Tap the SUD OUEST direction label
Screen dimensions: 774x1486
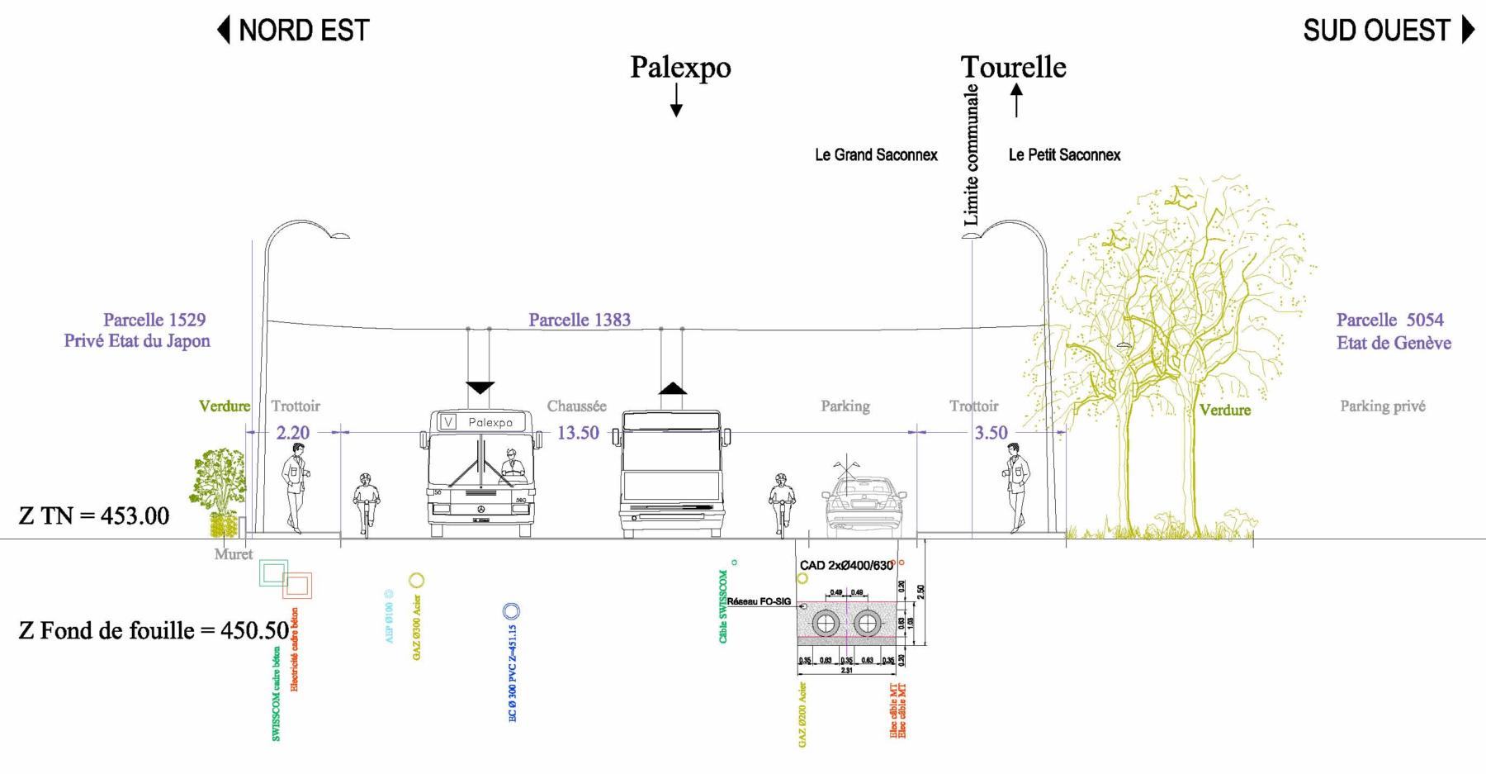point(1376,31)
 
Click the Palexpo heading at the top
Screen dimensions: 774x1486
point(680,67)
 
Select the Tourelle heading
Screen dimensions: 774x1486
point(1013,67)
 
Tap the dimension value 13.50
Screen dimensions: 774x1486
point(578,433)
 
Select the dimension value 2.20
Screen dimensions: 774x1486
point(292,433)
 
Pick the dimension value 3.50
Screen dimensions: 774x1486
point(991,433)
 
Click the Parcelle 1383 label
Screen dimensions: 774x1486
point(580,321)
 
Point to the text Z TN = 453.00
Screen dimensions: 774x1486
point(94,516)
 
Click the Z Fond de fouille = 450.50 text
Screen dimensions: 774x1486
point(154,631)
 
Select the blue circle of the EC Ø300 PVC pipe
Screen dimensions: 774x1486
point(511,611)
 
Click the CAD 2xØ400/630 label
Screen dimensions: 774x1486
point(846,566)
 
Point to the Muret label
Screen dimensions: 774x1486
point(234,554)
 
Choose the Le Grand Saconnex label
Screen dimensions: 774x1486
point(876,155)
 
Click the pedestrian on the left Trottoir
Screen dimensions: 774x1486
point(295,487)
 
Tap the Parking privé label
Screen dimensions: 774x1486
point(1382,406)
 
